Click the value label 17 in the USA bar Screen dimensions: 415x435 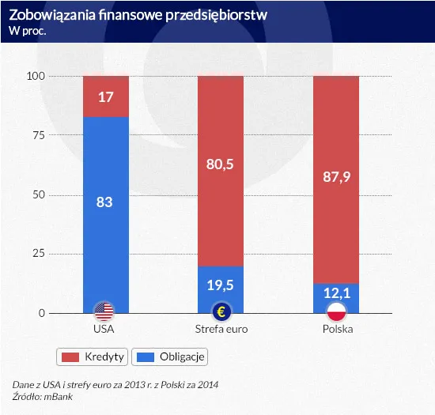(x=105, y=97)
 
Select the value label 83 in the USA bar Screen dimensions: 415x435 (x=105, y=202)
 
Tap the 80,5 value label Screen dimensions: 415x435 (x=221, y=166)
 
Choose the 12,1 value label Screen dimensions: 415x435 (x=337, y=293)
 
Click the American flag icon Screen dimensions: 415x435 (x=105, y=311)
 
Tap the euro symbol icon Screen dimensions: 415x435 (x=221, y=311)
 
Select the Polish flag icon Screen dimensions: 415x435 (x=337, y=311)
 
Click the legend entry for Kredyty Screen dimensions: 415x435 (x=93, y=357)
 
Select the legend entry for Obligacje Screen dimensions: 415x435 (x=168, y=357)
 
